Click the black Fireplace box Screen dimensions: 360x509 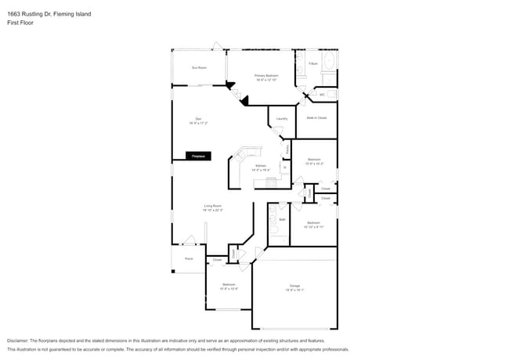click(198, 157)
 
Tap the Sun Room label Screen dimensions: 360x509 click(199, 68)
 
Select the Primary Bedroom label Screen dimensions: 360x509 click(267, 77)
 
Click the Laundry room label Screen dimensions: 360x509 click(282, 119)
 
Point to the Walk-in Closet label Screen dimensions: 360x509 click(316, 118)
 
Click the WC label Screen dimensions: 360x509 click(322, 95)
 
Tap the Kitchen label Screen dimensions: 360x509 click(261, 167)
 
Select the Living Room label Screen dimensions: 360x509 click(213, 207)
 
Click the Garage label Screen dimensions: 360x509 click(294, 289)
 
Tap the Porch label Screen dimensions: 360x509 click(189, 258)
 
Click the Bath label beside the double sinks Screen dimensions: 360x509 click(282, 220)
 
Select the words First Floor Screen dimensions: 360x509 click(21, 23)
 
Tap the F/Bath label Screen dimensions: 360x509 click(312, 63)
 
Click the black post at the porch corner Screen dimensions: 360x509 click(173, 272)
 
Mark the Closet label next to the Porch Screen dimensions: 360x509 click(217, 260)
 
